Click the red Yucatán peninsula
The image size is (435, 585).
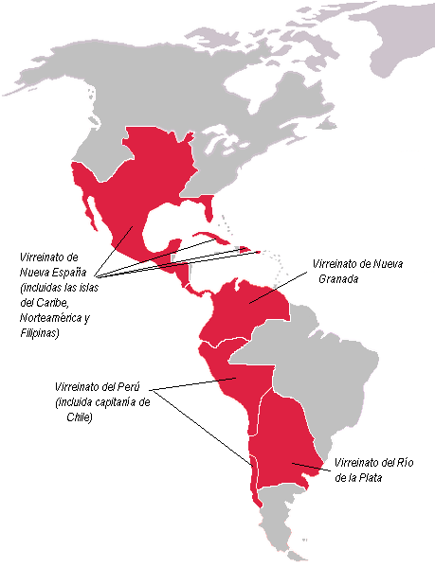[174, 248]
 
